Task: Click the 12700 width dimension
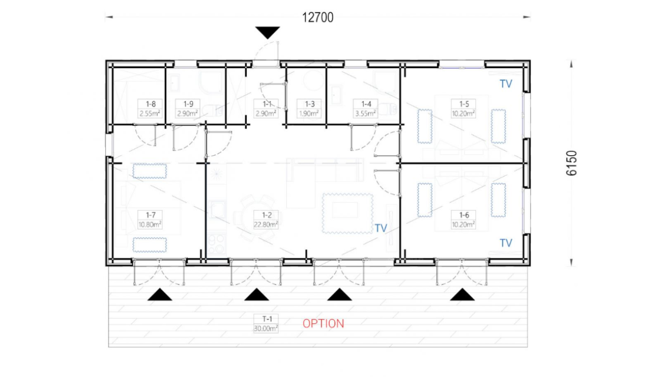coord(318,18)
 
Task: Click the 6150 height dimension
coord(571,163)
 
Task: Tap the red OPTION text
coord(323,324)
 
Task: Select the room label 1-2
coord(267,215)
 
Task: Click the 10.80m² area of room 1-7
coord(150,225)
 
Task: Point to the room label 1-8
coord(151,104)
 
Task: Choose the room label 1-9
coord(188,104)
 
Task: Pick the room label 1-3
coord(310,104)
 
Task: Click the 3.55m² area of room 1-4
coord(365,114)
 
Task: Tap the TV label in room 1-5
coord(506,84)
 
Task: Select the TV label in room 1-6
coord(506,243)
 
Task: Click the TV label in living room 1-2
coord(381,228)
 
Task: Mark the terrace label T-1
coord(267,319)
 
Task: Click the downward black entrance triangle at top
coord(268,32)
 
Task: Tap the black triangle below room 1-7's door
coord(160,295)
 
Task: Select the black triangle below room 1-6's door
coord(462,295)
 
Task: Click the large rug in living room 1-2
coord(347,213)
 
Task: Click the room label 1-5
coord(464,104)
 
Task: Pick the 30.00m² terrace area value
coord(265,329)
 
